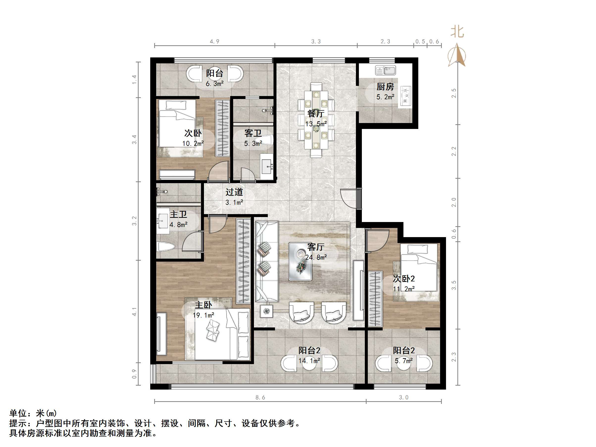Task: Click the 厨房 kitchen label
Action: click(385, 87)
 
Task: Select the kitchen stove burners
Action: click(405, 96)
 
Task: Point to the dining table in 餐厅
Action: click(316, 120)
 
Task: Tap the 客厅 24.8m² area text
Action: click(316, 257)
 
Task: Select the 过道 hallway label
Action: click(234, 192)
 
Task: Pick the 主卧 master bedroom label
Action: click(203, 305)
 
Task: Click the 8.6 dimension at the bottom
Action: click(260, 397)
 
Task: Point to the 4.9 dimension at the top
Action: click(215, 42)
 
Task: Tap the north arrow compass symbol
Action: click(457, 55)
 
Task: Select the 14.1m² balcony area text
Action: click(309, 361)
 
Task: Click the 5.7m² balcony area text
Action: click(403, 361)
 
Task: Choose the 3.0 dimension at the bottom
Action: click(403, 397)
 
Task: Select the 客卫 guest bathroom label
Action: click(253, 133)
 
